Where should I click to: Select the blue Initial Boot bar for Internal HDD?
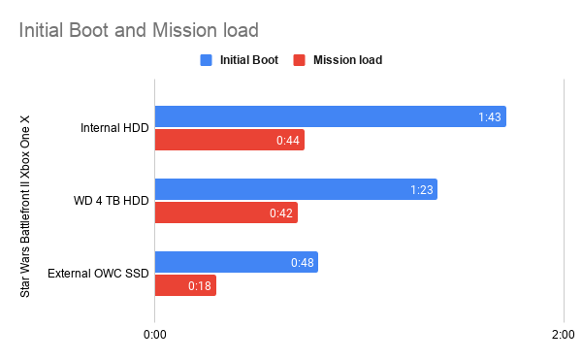click(x=330, y=116)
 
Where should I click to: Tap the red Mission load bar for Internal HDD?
click(x=229, y=141)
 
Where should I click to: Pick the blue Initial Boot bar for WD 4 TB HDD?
click(x=295, y=189)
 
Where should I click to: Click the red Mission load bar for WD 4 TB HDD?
click(x=225, y=213)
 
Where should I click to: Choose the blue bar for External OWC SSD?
click(x=236, y=262)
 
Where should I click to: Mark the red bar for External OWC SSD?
click(x=184, y=286)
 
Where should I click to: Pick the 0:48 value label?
click(x=303, y=263)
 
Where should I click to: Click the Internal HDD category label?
click(x=115, y=129)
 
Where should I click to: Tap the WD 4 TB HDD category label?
click(x=112, y=202)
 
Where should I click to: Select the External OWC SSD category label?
click(x=99, y=275)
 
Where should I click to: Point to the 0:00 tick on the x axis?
click(x=154, y=335)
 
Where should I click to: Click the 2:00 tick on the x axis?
click(x=563, y=335)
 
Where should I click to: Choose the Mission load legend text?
click(x=347, y=60)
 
